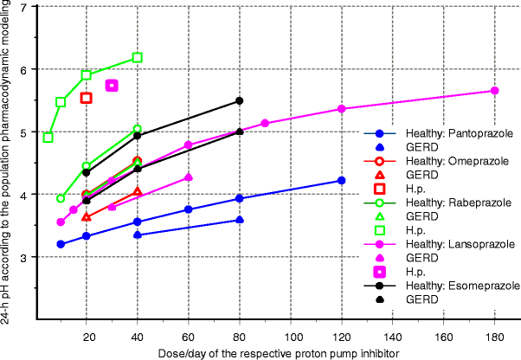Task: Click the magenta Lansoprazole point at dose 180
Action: tap(495, 91)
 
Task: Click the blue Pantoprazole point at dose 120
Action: tap(341, 180)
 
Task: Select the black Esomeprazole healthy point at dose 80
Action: tap(240, 101)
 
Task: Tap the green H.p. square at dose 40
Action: tap(138, 58)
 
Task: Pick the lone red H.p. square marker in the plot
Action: tap(87, 98)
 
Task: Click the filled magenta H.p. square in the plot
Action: tap(112, 85)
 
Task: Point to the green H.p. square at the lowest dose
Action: tap(48, 138)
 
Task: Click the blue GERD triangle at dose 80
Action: tap(240, 220)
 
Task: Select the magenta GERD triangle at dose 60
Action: tap(189, 177)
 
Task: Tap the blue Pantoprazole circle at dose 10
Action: tap(61, 244)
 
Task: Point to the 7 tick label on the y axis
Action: tap(22, 7)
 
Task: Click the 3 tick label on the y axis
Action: tap(22, 257)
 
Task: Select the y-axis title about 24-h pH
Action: tap(7, 164)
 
